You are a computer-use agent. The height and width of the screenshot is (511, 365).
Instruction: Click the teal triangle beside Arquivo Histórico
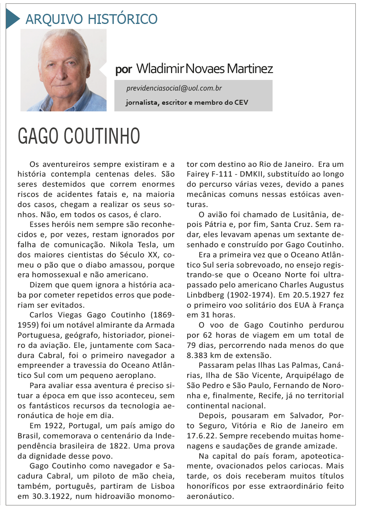pyautogui.click(x=13, y=19)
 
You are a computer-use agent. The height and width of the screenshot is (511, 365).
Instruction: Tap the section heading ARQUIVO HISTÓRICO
pyautogui.click(x=91, y=19)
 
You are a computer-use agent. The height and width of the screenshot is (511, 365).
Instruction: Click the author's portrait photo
pyautogui.click(x=63, y=70)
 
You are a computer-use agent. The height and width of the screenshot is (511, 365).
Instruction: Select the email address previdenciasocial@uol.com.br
pyautogui.click(x=174, y=88)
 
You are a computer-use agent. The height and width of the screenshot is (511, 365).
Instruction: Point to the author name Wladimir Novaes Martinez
pyautogui.click(x=205, y=69)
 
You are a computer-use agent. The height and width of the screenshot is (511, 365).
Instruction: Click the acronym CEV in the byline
pyautogui.click(x=241, y=102)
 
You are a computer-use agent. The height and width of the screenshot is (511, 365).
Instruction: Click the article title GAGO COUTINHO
pyautogui.click(x=79, y=136)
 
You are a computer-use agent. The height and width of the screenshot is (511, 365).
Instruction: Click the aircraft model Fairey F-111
pyautogui.click(x=209, y=174)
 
